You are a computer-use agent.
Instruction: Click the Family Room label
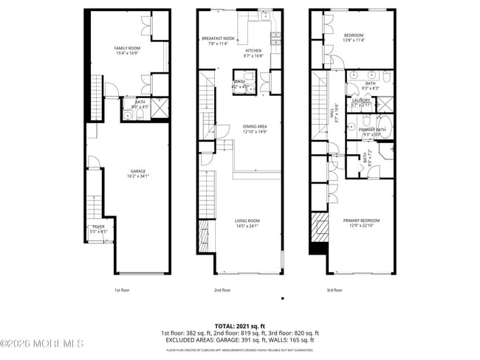[127, 48]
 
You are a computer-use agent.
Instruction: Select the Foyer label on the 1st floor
[98, 226]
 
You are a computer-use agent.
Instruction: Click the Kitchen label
[254, 50]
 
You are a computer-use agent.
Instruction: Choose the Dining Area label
[254, 126]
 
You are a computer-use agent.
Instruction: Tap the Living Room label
[248, 221]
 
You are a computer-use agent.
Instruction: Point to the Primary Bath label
[373, 129]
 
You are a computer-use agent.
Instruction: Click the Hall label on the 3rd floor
[335, 108]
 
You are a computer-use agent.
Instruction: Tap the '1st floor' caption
[123, 290]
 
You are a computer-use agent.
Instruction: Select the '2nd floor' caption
[222, 290]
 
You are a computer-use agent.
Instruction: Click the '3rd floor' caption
[335, 290]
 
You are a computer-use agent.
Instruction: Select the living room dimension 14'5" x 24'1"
[248, 226]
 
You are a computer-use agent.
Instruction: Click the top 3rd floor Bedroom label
[353, 35]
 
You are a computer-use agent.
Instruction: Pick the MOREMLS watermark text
[42, 344]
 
